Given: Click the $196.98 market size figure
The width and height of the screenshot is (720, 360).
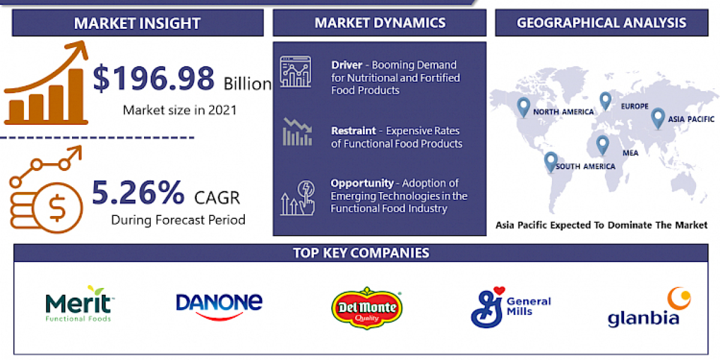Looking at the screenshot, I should pos(154,79).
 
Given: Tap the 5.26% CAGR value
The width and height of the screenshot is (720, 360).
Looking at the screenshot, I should pos(138,193).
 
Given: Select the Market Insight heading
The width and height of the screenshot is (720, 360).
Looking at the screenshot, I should pos(137,23).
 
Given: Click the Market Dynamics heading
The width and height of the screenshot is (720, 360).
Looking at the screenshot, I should pos(380,23).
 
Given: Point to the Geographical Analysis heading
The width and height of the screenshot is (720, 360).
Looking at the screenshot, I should pos(602,23).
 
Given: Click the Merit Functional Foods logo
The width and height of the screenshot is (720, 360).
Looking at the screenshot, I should pos(78,304).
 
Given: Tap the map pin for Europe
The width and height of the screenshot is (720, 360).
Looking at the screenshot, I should pos(605,100).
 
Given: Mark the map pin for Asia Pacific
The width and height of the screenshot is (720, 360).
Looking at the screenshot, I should pos(658,117).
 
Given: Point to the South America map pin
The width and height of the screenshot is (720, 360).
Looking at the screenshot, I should pos(550,161).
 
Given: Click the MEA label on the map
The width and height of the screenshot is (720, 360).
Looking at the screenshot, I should pos(630,153).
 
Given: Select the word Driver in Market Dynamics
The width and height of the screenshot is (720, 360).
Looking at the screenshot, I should pos(346,65).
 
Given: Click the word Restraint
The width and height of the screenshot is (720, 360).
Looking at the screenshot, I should pos(353,130).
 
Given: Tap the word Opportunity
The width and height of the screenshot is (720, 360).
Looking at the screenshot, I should pos(362,183).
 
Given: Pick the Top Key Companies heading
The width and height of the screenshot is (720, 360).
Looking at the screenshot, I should pos(361,253).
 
